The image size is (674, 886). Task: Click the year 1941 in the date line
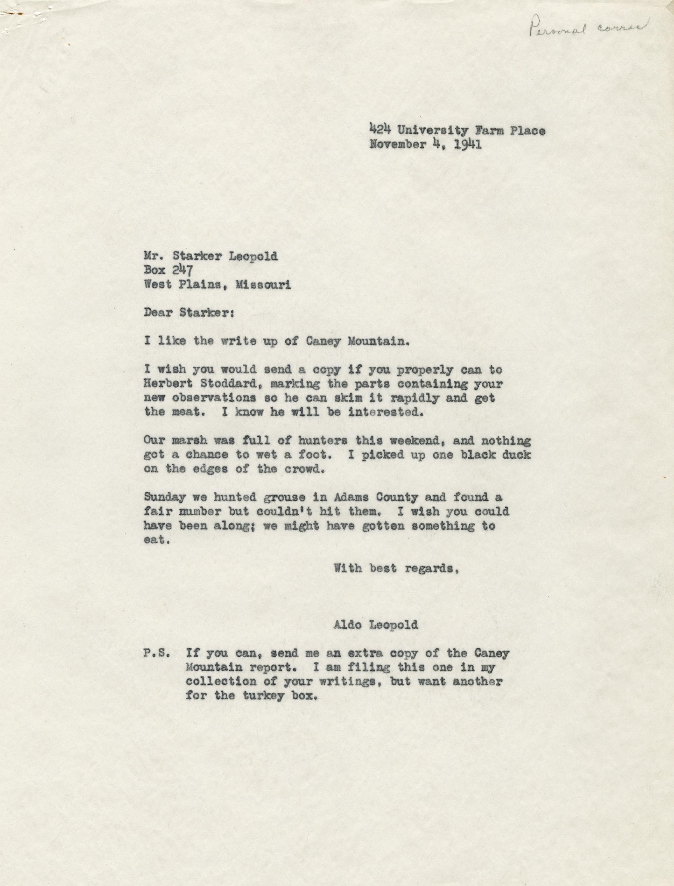point(468,144)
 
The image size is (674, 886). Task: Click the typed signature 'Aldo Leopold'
point(375,625)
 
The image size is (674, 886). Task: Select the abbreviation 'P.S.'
point(157,653)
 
